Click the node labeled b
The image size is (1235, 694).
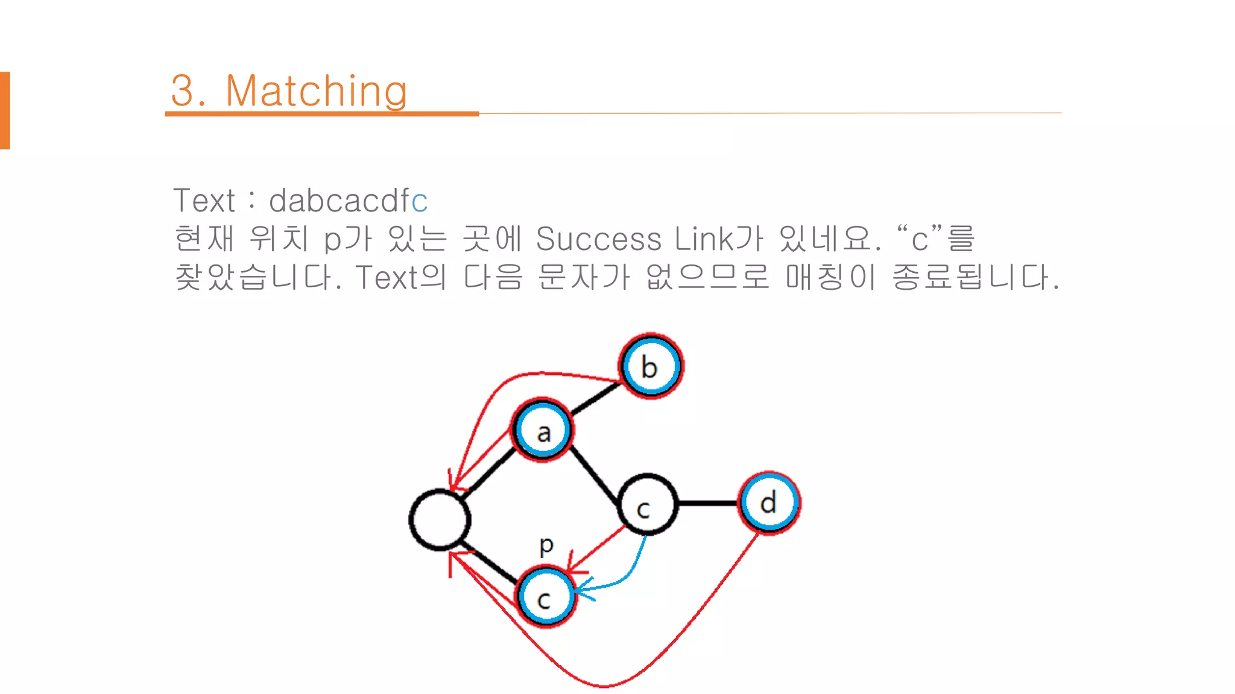point(651,366)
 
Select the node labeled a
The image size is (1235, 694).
point(543,430)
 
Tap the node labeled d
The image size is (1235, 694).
point(769,502)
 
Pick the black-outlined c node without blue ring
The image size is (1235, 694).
point(647,505)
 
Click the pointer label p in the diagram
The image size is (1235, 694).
point(546,545)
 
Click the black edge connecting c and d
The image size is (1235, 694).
point(708,503)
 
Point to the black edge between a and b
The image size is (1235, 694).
point(596,398)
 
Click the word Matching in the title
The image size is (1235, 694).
point(316,92)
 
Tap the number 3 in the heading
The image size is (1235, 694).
point(182,92)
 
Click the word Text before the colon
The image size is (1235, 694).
point(204,201)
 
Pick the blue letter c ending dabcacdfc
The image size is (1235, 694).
point(420,201)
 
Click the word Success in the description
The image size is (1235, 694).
point(598,239)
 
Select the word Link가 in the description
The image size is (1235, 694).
point(718,239)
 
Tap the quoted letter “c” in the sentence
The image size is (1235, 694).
point(919,239)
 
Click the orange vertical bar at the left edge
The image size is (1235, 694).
point(5,110)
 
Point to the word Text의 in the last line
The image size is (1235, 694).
point(400,277)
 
